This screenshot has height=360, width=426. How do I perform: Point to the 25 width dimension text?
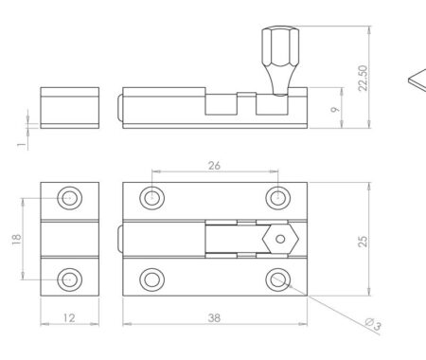(362, 239)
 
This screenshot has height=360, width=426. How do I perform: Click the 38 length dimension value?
(214, 319)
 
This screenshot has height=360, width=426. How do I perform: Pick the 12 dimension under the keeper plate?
(69, 319)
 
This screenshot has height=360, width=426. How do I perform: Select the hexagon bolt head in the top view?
(279, 239)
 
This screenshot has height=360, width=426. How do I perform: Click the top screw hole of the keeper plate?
(69, 198)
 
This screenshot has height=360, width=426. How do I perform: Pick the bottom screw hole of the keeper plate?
(69, 279)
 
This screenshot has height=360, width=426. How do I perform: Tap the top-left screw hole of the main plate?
(151, 198)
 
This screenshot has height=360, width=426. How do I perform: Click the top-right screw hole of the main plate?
(276, 198)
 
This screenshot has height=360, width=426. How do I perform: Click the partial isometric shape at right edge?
(417, 81)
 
